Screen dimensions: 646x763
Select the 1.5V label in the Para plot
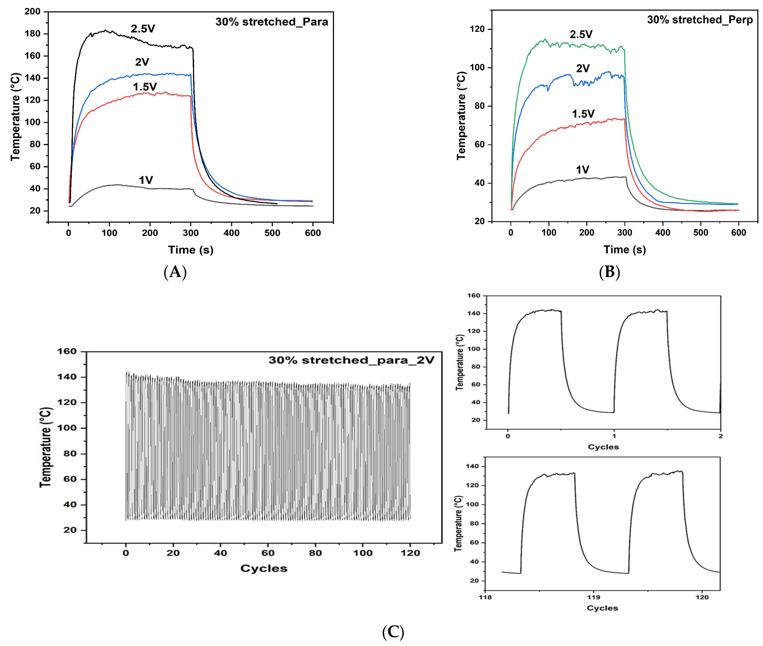[x=145, y=87]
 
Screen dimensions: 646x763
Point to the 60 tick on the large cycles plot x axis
[x=268, y=553]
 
